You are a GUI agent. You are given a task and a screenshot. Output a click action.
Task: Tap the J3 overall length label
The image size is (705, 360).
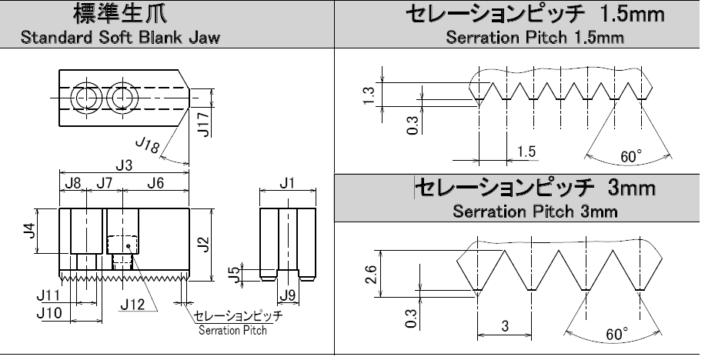(x=123, y=165)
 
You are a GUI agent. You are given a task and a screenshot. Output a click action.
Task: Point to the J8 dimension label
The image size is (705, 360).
(x=72, y=183)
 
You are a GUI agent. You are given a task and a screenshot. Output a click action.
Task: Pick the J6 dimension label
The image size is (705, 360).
(x=155, y=183)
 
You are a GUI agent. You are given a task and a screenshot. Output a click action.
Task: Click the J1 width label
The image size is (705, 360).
(x=287, y=183)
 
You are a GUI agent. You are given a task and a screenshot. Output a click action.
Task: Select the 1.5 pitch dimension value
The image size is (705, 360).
(x=526, y=152)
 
